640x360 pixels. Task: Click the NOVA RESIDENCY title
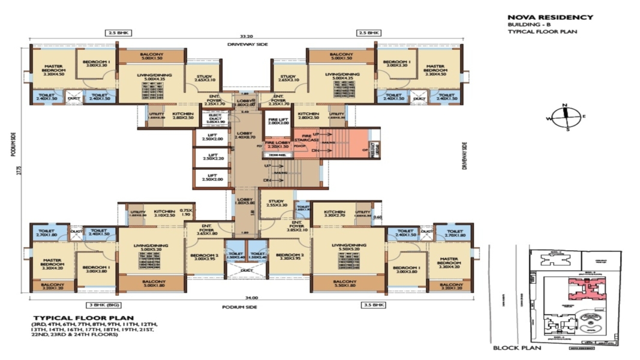550,17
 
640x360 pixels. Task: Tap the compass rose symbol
564,117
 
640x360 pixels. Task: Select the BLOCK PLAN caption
516,348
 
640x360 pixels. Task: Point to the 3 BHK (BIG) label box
104,305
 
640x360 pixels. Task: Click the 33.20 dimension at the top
247,36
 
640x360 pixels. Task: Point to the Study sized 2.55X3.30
277,203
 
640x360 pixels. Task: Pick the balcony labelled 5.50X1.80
345,284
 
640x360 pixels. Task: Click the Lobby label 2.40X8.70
245,135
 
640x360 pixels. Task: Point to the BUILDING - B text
525,25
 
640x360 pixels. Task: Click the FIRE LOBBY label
277,145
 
